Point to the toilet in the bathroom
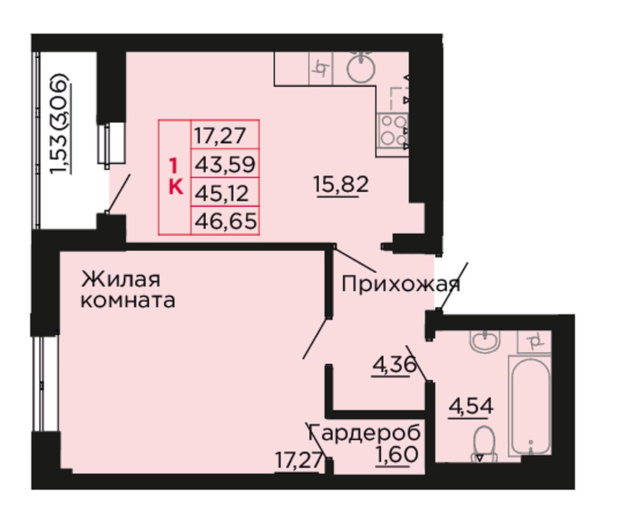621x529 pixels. (x=483, y=445)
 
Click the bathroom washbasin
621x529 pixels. (x=486, y=342)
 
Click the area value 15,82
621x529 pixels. (x=341, y=184)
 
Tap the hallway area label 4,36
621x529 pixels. (x=394, y=364)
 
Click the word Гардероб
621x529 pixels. (x=364, y=433)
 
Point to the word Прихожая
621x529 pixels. (x=401, y=284)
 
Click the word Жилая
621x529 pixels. (x=120, y=279)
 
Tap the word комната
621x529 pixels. (x=128, y=299)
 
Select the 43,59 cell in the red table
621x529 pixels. (x=225, y=164)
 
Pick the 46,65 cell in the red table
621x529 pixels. (x=225, y=221)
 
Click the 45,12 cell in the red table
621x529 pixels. (x=225, y=192)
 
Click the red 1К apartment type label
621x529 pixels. (x=175, y=177)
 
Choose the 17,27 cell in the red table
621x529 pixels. (x=225, y=134)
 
